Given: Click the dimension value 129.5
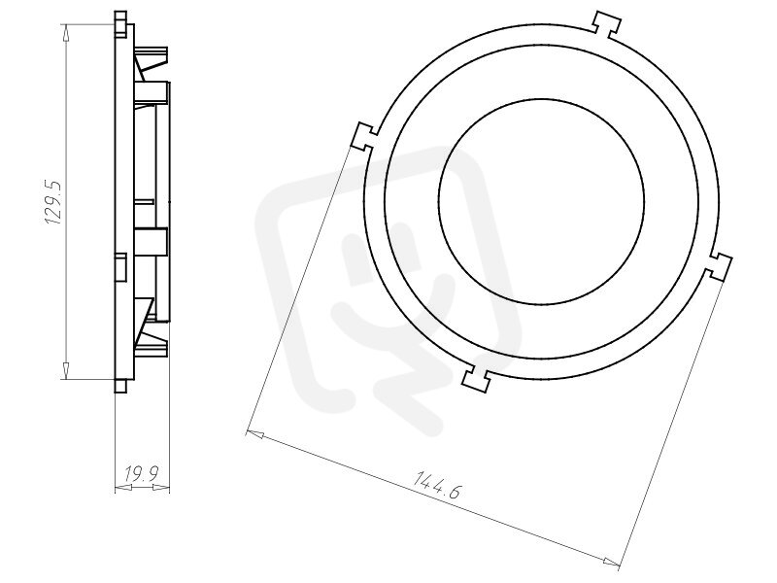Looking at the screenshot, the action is [x=54, y=202].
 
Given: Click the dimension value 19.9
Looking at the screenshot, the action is [x=141, y=474].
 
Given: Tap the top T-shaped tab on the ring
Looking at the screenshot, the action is [x=607, y=22].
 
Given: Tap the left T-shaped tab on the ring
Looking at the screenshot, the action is [x=364, y=136].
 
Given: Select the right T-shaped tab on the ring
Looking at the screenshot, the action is [x=718, y=265].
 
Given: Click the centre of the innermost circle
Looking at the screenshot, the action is [x=542, y=202].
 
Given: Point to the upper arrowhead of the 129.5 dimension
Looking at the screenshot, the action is [x=66, y=33].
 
